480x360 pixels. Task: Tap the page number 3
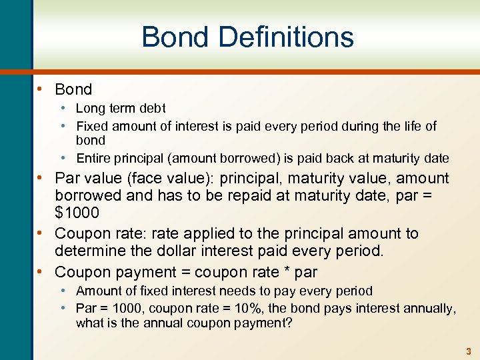point(469,351)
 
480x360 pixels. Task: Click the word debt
point(151,108)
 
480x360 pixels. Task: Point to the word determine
point(87,251)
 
